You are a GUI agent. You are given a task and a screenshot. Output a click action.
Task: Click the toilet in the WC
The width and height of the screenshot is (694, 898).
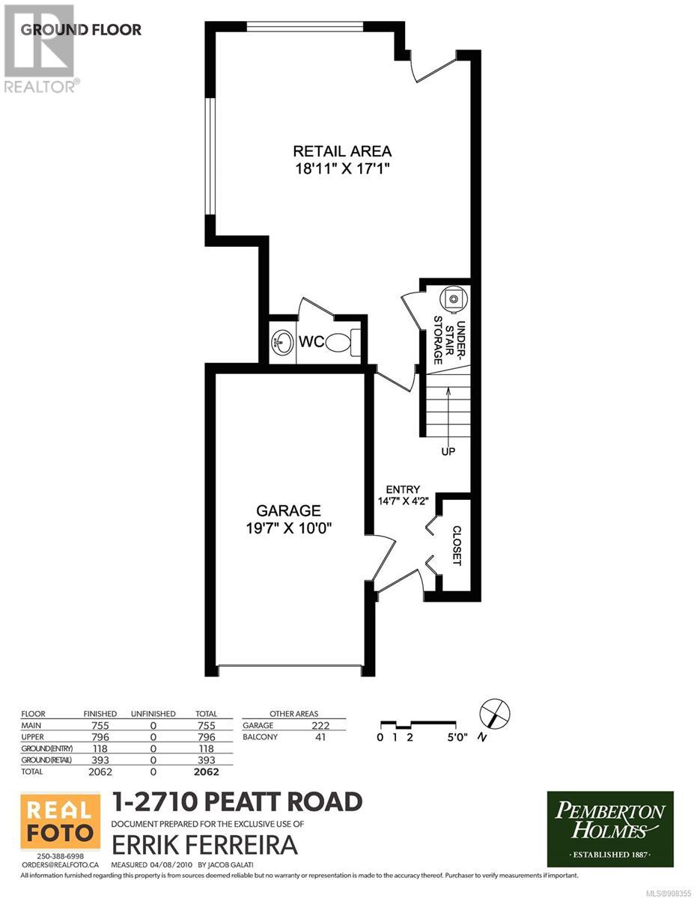click(x=343, y=342)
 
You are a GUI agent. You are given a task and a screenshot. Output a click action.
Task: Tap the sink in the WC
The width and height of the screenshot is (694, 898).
click(x=281, y=341)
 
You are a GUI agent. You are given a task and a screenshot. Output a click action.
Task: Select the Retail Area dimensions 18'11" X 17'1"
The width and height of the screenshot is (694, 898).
click(x=343, y=168)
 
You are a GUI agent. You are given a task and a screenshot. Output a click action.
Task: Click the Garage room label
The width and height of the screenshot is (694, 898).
click(x=288, y=511)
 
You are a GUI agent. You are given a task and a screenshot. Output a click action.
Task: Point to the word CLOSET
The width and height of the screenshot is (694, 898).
click(x=457, y=546)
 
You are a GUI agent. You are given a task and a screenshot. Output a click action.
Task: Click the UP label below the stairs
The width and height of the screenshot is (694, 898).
click(x=448, y=452)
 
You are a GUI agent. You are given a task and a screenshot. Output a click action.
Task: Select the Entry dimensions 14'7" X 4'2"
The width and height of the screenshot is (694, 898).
click(x=403, y=501)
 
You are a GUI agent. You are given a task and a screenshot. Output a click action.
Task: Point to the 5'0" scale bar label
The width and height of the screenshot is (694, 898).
click(x=457, y=737)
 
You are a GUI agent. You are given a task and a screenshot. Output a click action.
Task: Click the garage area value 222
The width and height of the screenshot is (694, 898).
click(x=320, y=725)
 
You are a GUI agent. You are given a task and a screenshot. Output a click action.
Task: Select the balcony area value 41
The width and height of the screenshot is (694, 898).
click(x=320, y=737)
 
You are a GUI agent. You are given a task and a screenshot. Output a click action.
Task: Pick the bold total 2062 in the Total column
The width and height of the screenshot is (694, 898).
click(x=207, y=772)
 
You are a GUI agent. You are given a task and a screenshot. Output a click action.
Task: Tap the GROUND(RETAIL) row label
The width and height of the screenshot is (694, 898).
click(x=46, y=760)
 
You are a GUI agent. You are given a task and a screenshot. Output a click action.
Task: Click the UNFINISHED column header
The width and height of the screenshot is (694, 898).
click(x=153, y=714)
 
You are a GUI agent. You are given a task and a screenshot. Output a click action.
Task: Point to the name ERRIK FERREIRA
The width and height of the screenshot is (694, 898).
click(x=205, y=844)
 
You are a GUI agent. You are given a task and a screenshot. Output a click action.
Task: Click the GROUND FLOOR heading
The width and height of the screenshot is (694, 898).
click(x=81, y=30)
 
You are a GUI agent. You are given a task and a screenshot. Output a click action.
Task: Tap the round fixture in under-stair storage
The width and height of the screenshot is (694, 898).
click(x=454, y=297)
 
